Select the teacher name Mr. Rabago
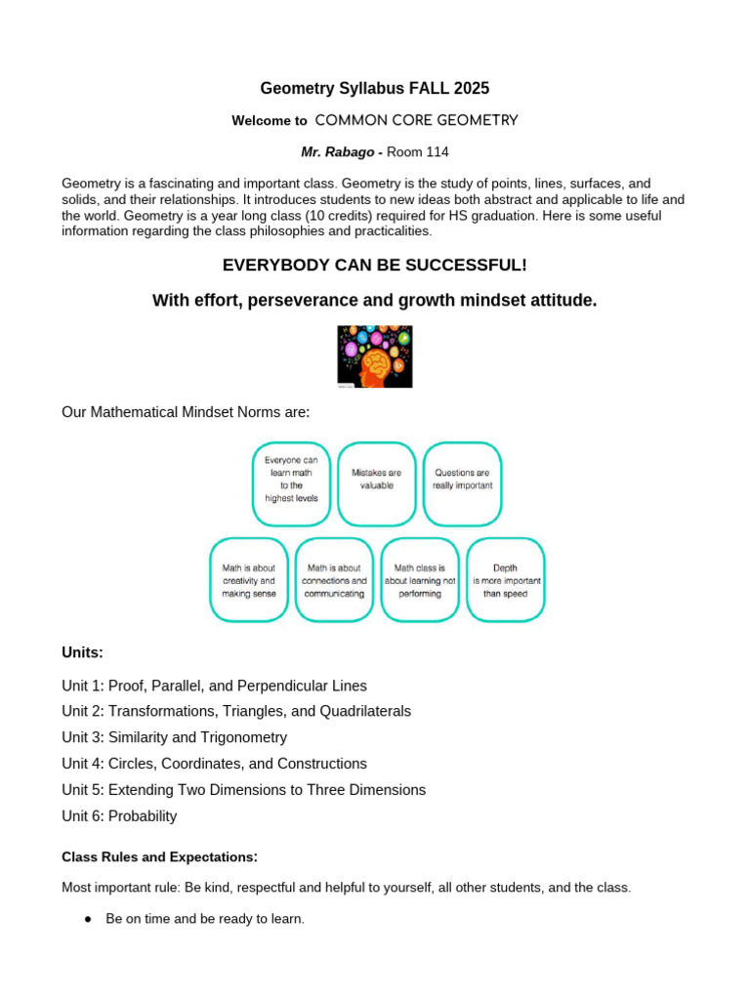[338, 151]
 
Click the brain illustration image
[375, 356]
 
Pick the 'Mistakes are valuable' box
[376, 483]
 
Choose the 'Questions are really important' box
[462, 483]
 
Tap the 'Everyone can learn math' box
[291, 483]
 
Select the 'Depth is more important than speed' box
[505, 579]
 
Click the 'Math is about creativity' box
[249, 579]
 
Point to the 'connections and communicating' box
[334, 579]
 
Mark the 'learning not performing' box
[420, 579]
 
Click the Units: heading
[82, 652]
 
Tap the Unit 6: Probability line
[119, 816]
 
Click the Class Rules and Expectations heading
[159, 857]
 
